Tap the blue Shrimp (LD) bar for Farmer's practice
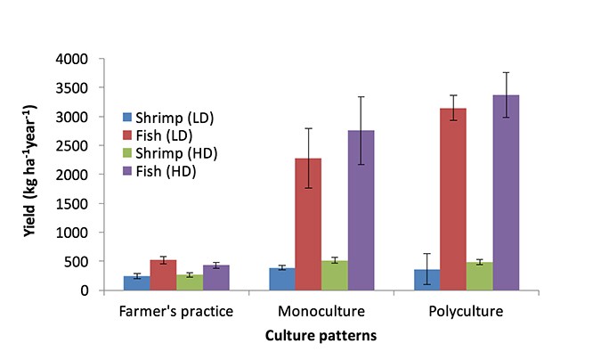pos(137,283)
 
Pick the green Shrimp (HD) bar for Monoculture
pos(335,275)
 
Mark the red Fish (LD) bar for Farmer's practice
pos(163,275)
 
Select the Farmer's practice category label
pos(176,312)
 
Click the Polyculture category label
pos(467,312)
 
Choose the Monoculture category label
pos(321,312)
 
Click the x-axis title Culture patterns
pos(321,337)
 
